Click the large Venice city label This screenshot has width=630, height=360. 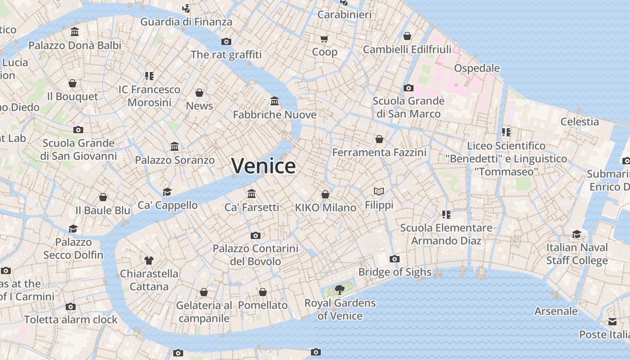(264, 166)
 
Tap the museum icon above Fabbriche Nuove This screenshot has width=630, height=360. (274, 101)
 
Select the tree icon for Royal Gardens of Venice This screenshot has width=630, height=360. (340, 289)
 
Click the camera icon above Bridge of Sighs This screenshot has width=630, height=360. (395, 259)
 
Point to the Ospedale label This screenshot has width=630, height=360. (477, 68)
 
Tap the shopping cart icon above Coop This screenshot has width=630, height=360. (324, 39)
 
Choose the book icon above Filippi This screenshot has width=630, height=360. (379, 192)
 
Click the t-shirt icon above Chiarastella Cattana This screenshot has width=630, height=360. (149, 260)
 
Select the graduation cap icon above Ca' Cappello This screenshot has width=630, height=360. (167, 192)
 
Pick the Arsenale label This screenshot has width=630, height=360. (556, 311)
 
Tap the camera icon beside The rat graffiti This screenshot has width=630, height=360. (226, 41)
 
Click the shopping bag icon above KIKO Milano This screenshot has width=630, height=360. (325, 194)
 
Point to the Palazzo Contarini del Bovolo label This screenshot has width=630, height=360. (255, 255)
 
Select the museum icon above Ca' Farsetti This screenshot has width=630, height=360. (252, 193)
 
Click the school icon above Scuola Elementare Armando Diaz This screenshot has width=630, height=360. (446, 214)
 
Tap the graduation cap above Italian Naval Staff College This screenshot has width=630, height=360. (577, 234)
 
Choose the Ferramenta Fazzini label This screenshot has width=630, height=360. (379, 153)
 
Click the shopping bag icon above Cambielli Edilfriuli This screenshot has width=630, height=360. (407, 36)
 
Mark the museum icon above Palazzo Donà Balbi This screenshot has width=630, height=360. (75, 32)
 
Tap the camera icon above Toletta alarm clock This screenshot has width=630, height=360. (71, 306)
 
